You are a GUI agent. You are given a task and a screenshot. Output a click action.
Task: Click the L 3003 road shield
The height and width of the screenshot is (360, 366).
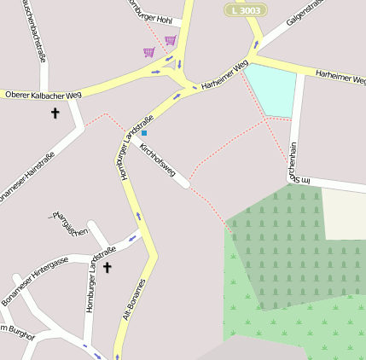coord(246,9)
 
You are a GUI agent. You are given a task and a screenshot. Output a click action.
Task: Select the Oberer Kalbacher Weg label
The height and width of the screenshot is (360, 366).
coord(44,94)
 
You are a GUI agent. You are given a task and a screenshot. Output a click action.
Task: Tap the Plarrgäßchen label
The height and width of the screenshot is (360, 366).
coord(70,223)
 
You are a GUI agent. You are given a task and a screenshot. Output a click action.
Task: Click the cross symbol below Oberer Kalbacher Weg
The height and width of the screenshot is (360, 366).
coord(55,112)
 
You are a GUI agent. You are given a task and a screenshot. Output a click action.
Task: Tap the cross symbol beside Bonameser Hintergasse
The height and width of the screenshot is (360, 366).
coord(107,267)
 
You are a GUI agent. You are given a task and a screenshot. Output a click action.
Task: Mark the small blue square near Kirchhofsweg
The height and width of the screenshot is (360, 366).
coord(144,133)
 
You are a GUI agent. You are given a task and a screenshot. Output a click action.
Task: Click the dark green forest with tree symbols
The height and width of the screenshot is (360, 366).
coord(282,239)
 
